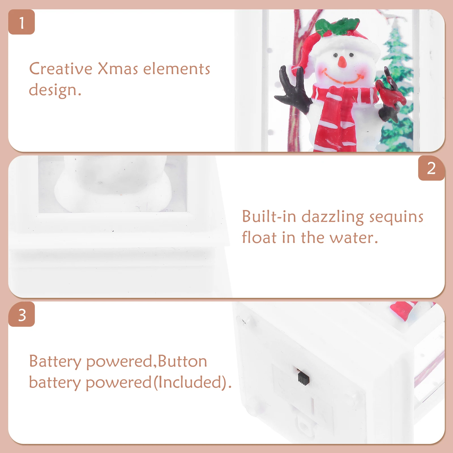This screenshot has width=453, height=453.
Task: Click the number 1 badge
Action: pos(22,22)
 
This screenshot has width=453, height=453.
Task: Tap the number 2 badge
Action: pos(431,168)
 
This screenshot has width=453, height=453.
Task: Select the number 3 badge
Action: pos(22,315)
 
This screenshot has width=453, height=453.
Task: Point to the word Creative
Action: pos(61,69)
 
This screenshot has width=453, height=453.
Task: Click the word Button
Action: pos(182,362)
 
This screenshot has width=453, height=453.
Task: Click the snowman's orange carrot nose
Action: pos(342,62)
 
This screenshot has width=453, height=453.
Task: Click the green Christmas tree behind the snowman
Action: pos(396,85)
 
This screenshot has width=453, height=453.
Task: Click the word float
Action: pos(259,238)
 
